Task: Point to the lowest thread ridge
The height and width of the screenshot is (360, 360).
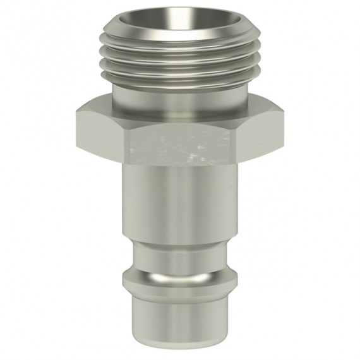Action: (x=179, y=76)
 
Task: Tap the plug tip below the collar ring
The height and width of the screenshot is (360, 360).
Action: (x=181, y=322)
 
